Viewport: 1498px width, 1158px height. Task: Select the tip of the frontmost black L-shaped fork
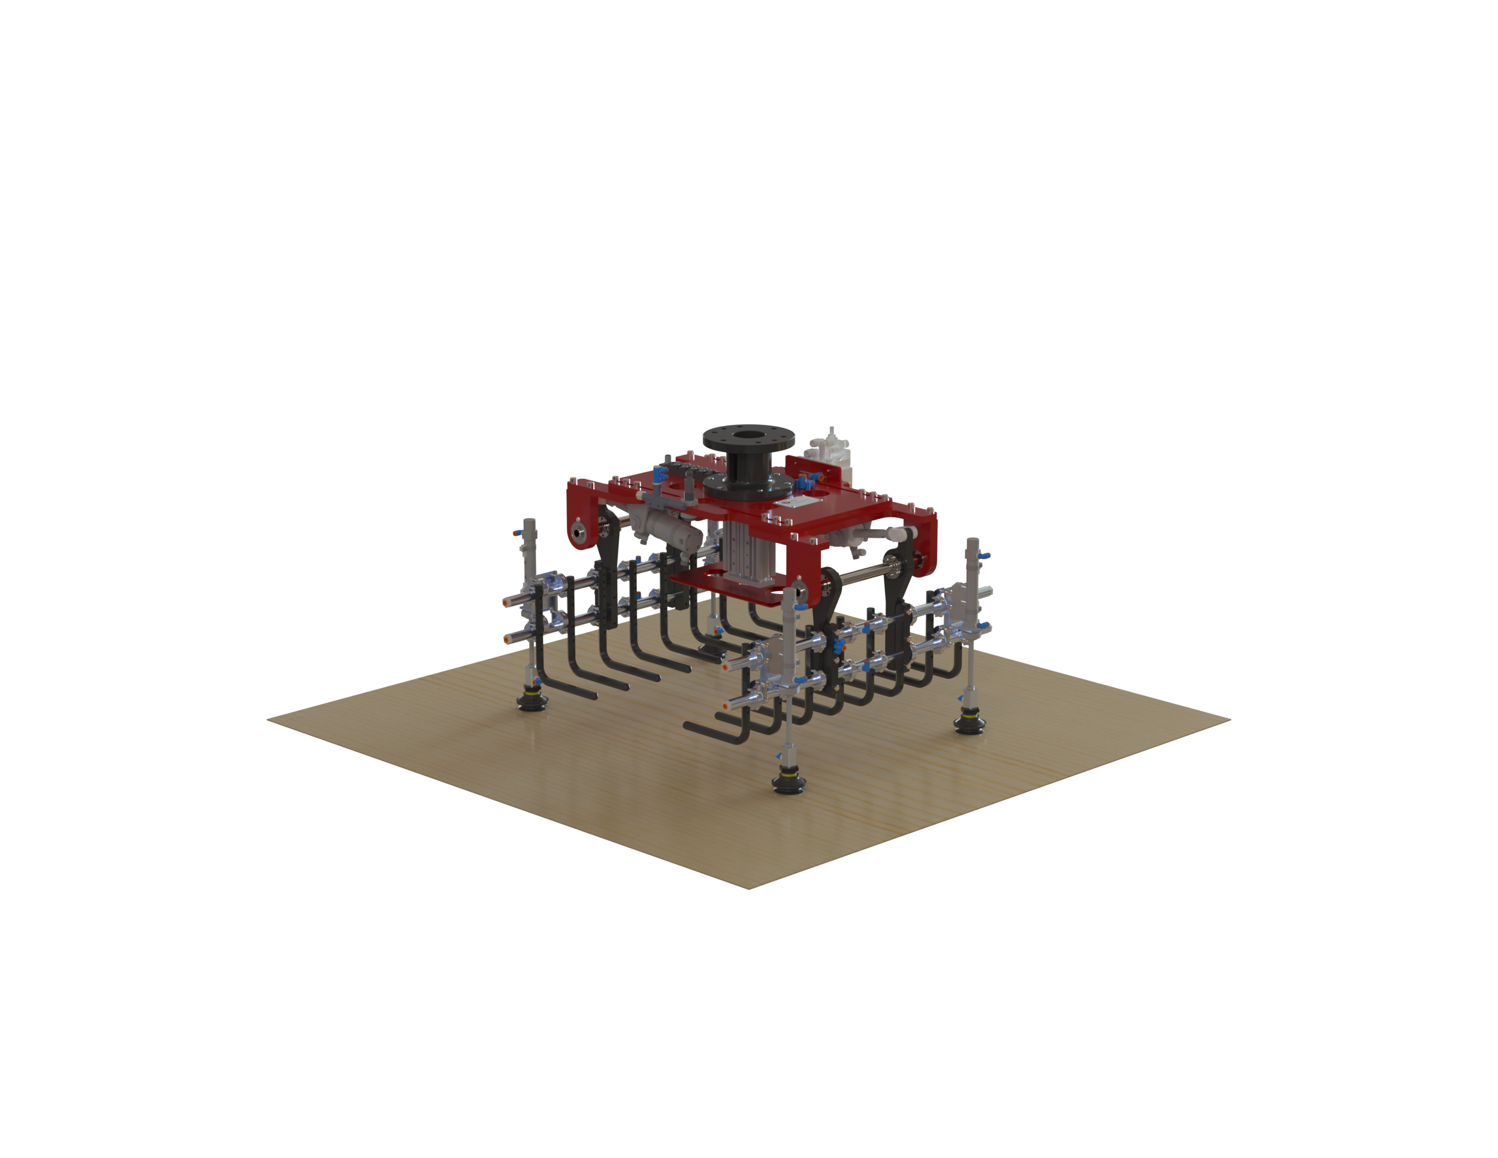(688, 725)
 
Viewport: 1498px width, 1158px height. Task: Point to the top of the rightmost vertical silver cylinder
(972, 544)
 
